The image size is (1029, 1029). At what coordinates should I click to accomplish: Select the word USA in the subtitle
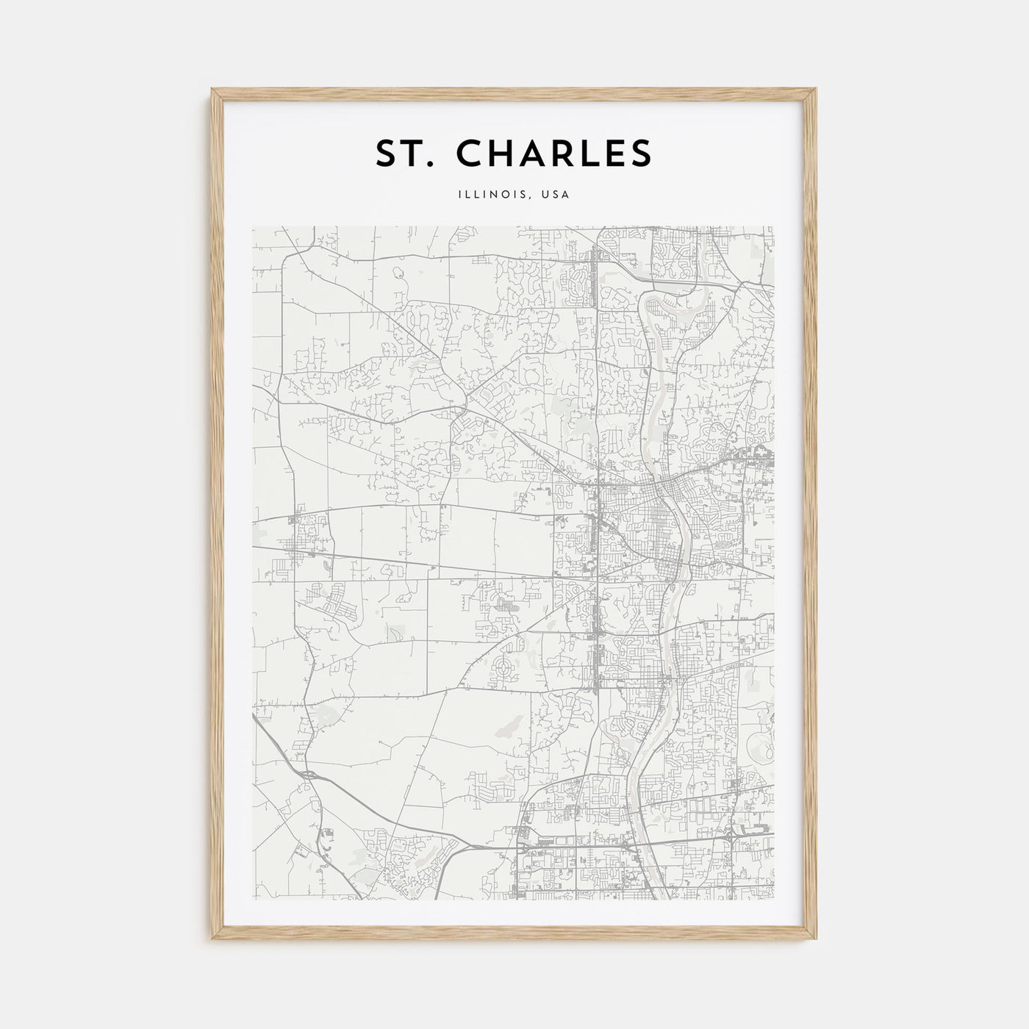tap(555, 195)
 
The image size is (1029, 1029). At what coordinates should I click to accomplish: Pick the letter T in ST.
tap(414, 153)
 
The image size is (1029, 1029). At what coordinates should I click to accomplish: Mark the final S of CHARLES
tap(640, 153)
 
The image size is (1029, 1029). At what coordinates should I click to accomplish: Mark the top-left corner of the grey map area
tap(253, 227)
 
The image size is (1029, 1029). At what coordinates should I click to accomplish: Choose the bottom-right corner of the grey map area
tap(773, 898)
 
